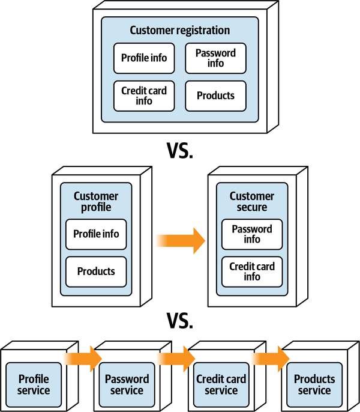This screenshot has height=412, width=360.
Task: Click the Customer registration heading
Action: click(x=180, y=30)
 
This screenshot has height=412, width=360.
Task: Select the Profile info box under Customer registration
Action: click(x=144, y=58)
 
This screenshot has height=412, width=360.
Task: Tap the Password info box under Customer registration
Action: click(x=216, y=58)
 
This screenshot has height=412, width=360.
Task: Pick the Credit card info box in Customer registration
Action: click(x=144, y=95)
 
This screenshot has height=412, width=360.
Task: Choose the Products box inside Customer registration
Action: click(x=216, y=95)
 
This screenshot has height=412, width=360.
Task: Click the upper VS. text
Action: click(x=180, y=151)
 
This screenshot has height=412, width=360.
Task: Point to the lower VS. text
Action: click(x=180, y=321)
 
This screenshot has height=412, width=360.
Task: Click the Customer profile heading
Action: click(x=96, y=202)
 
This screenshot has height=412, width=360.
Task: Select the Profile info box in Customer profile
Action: click(x=96, y=234)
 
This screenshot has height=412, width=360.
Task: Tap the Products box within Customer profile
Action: click(x=96, y=271)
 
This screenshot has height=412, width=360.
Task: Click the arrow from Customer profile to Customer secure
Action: click(x=181, y=240)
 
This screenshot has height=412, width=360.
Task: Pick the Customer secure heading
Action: click(x=252, y=202)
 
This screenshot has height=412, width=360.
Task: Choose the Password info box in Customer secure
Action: click(x=252, y=234)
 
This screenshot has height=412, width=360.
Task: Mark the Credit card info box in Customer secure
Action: click(x=252, y=271)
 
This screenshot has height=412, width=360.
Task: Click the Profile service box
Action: click(x=34, y=385)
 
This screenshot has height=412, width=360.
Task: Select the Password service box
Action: click(x=127, y=385)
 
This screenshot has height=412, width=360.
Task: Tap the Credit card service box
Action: click(x=221, y=385)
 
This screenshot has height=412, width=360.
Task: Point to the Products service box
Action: click(x=314, y=385)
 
